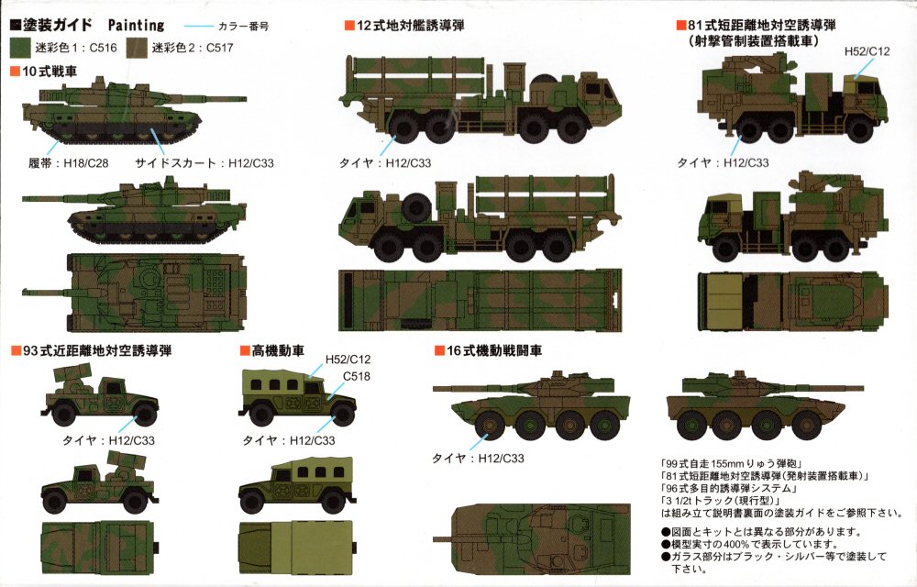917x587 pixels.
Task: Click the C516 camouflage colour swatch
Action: (20, 48)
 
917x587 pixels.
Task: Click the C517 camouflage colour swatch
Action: (138, 48)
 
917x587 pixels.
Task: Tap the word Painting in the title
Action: (137, 25)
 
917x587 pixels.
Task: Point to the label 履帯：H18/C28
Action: (69, 163)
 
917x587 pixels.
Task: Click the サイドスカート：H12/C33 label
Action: (204, 163)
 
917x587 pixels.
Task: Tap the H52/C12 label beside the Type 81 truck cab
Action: (867, 51)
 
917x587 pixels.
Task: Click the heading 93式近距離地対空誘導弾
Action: (97, 350)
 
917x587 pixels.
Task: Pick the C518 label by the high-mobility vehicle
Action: (356, 377)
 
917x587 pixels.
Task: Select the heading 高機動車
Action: (278, 350)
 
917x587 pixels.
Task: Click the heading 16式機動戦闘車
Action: (494, 350)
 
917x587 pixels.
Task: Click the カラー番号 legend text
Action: (243, 27)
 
